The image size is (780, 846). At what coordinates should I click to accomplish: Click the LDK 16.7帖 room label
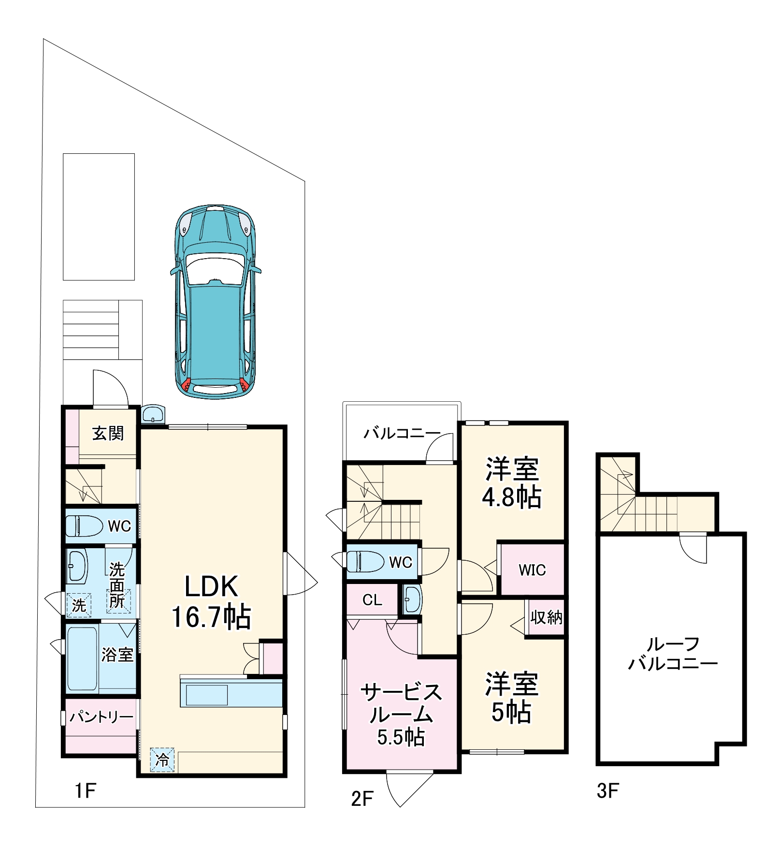[211, 602]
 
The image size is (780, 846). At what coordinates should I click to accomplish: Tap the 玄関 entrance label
[108, 433]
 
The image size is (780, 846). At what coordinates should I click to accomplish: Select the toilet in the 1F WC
[84, 525]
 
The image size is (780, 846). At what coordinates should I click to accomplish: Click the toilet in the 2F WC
[365, 561]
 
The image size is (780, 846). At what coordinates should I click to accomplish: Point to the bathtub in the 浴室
[82, 658]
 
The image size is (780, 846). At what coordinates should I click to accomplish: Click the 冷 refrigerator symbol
[162, 759]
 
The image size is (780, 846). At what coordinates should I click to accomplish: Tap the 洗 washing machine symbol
[79, 605]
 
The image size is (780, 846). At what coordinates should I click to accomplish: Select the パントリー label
[101, 716]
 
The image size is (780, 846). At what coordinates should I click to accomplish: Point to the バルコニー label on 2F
[402, 433]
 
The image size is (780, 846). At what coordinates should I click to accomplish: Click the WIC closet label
[532, 570]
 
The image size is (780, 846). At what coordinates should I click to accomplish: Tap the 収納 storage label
[546, 617]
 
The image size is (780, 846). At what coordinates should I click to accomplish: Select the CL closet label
[372, 600]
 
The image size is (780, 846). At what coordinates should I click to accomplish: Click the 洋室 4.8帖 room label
[512, 482]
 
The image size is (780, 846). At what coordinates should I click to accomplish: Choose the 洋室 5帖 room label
[512, 698]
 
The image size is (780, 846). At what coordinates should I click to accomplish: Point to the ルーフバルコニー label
[673, 654]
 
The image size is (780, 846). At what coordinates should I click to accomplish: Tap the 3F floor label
[607, 791]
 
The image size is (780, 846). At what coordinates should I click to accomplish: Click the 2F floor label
[362, 799]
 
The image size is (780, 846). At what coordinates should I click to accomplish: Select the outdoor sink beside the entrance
[154, 414]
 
